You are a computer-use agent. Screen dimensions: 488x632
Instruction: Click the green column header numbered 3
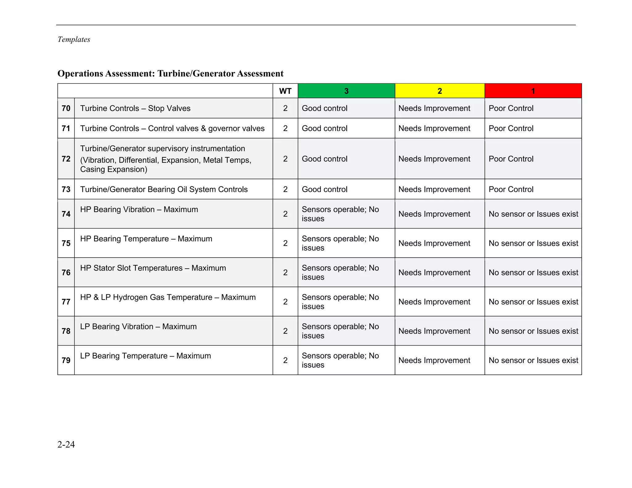pyautogui.click(x=346, y=91)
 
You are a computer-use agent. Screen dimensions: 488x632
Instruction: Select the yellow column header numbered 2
pyautogui.click(x=439, y=91)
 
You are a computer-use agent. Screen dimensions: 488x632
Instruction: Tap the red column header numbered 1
pyautogui.click(x=533, y=91)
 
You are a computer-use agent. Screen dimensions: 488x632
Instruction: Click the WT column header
pyautogui.click(x=285, y=91)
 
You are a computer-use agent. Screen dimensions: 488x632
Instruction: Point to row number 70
pyautogui.click(x=66, y=108)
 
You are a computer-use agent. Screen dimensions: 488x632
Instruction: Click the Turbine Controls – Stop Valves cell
pyautogui.click(x=135, y=108)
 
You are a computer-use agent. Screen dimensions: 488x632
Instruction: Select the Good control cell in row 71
pyautogui.click(x=324, y=128)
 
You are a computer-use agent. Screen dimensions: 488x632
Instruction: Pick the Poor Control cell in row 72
pyautogui.click(x=511, y=159)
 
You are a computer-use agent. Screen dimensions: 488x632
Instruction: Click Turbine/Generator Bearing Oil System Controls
pyautogui.click(x=164, y=189)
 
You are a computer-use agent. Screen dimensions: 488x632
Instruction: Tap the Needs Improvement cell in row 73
pyautogui.click(x=434, y=189)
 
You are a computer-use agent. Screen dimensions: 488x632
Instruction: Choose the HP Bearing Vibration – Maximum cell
pyautogui.click(x=139, y=209)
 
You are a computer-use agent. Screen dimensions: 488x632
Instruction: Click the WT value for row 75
pyautogui.click(x=285, y=243)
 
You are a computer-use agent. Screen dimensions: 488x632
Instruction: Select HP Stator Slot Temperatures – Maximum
pyautogui.click(x=153, y=268)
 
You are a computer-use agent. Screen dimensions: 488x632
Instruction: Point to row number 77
pyautogui.click(x=66, y=302)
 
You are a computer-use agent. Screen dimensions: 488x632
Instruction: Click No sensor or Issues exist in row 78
pyautogui.click(x=533, y=331)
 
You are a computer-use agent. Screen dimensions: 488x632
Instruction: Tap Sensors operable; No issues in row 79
pyautogui.click(x=340, y=360)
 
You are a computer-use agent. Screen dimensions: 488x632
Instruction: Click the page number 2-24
pyautogui.click(x=66, y=444)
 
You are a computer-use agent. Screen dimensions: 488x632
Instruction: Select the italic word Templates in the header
pyautogui.click(x=74, y=39)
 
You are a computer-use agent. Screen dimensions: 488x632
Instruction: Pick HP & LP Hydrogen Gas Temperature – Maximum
pyautogui.click(x=168, y=297)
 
